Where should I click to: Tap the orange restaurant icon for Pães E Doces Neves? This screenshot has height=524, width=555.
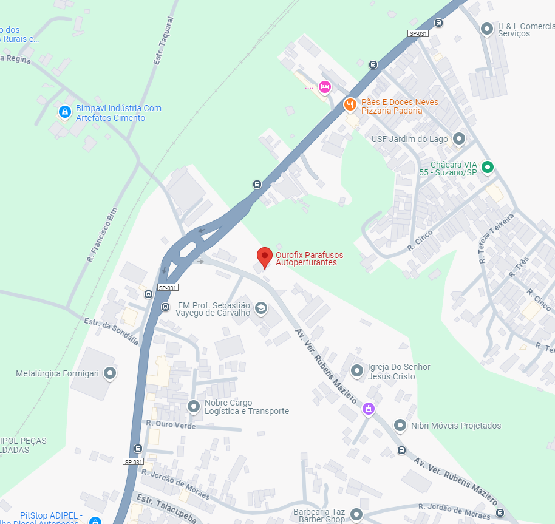pos(350,104)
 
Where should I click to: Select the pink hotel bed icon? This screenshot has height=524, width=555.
pos(325,87)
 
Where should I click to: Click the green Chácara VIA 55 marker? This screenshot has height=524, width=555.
pos(487,167)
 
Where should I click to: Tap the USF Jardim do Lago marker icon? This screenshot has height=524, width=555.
pos(459,139)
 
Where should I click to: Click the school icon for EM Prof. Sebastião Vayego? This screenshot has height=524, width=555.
pos(261,308)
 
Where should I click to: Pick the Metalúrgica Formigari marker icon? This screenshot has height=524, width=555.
pos(110,373)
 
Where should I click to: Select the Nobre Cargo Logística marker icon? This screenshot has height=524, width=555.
pos(194,406)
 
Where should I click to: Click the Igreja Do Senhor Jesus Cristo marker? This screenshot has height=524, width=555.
pos(357,370)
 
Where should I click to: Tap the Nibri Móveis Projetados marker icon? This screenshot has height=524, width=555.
pos(400,426)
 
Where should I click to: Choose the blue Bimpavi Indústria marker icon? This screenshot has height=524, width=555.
pos(64,112)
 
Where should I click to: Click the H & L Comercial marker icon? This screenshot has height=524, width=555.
pos(486,29)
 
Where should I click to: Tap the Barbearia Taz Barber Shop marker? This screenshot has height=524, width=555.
pos(356,515)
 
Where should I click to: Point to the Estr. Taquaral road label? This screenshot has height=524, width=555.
pos(163,41)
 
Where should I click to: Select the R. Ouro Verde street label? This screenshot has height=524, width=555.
pos(171,424)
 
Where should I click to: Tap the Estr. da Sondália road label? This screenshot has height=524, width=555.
pos(111,332)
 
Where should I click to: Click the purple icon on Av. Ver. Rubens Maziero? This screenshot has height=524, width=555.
pos(368,409)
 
